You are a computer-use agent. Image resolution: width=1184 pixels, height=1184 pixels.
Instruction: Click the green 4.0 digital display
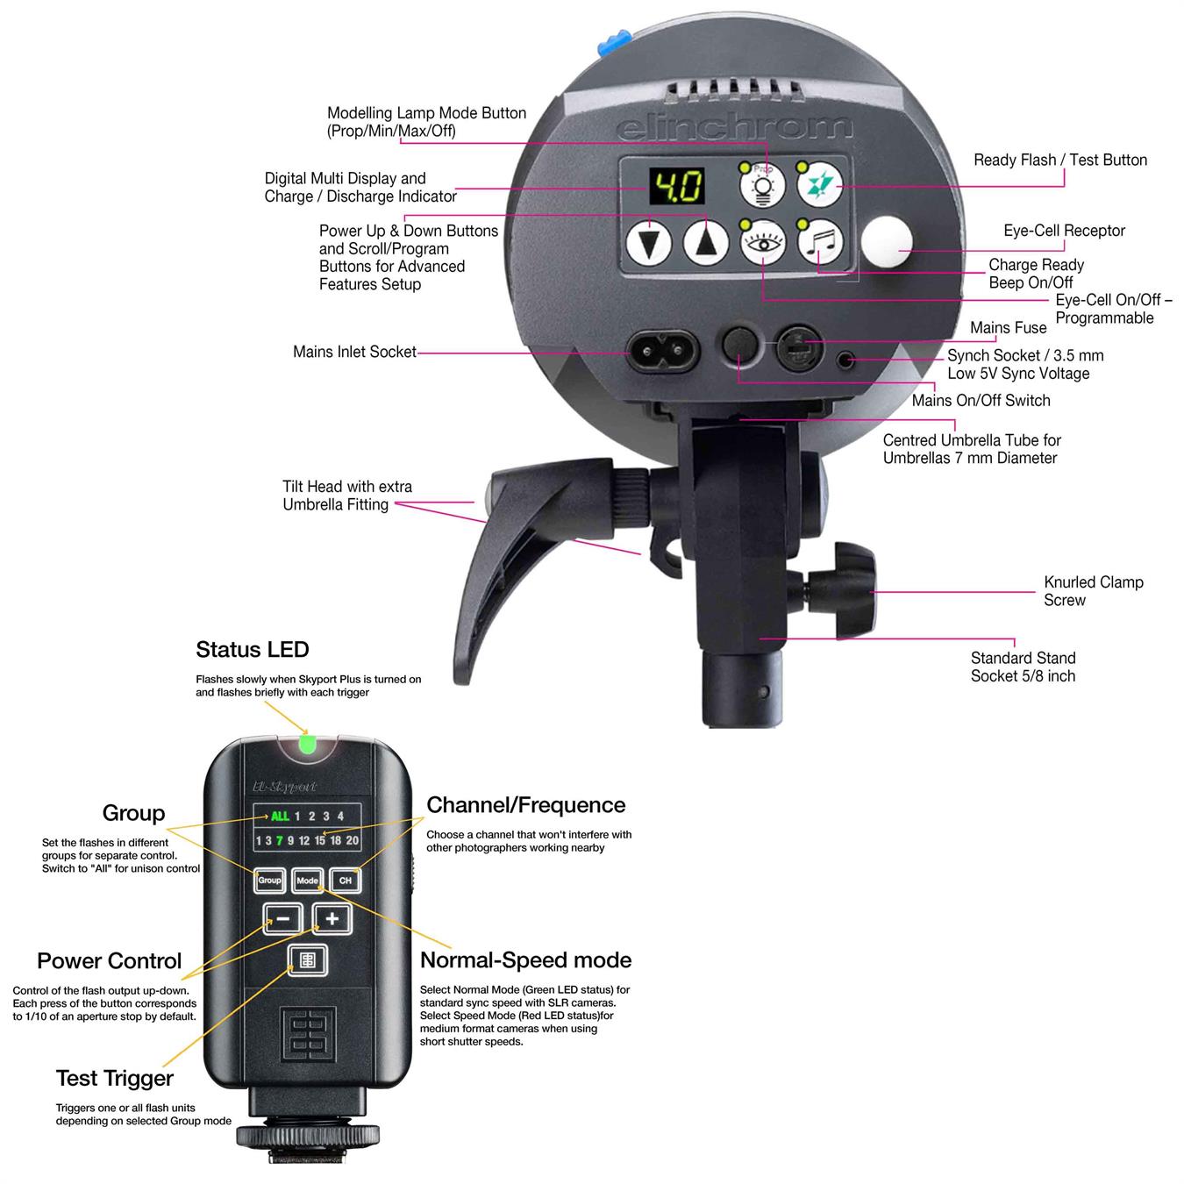tap(676, 186)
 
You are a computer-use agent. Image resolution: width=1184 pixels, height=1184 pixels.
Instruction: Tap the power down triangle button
tap(648, 243)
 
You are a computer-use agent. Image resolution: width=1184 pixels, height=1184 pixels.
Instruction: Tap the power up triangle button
tap(706, 243)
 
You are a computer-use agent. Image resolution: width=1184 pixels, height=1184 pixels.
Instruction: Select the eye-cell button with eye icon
tap(762, 243)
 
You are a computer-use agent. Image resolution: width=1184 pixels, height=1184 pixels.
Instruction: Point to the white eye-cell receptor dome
tap(886, 241)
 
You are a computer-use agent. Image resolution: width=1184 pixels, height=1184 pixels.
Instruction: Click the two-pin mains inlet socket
tap(662, 351)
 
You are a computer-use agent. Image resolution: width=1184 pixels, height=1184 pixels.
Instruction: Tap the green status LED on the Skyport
tap(306, 744)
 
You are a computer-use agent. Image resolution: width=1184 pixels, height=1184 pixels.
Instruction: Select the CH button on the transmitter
tap(346, 880)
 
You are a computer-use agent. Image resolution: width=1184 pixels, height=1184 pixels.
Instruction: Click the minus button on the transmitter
tap(282, 918)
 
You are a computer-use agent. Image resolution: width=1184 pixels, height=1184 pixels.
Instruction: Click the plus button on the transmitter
tap(332, 918)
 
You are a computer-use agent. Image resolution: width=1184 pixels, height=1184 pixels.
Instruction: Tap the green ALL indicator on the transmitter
tap(280, 816)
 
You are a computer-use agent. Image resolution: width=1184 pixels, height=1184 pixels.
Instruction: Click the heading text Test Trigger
tap(115, 1079)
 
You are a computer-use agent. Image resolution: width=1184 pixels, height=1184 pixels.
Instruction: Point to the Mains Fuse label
tap(1008, 327)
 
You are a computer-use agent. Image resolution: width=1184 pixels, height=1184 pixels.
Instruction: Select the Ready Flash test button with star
tap(820, 184)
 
